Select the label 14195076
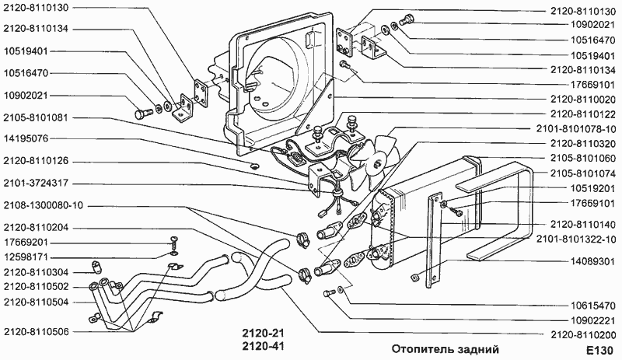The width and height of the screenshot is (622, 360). coord(26,139)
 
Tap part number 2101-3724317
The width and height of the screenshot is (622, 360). coord(36,183)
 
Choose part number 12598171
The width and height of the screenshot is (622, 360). coord(26,256)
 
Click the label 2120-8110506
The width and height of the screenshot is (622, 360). coord(36,331)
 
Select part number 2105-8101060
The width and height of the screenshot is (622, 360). coord(581,158)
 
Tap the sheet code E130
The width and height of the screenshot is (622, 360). coord(599,349)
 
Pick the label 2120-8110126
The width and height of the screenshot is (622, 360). coord(36,161)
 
